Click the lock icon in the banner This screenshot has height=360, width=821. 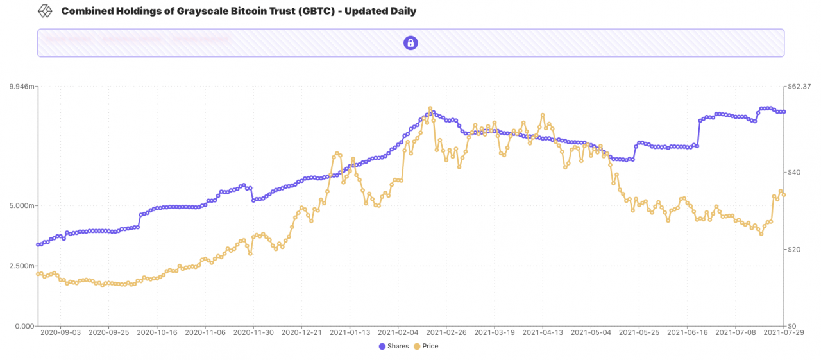(410, 43)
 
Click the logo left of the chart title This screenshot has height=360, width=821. (45, 12)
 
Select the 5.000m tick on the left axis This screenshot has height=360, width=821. (22, 206)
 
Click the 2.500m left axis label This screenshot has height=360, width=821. (22, 266)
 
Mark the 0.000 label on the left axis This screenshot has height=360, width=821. (24, 326)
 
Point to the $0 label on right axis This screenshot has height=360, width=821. (792, 326)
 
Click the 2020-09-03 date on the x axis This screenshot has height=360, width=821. (60, 332)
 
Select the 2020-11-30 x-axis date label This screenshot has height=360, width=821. (253, 332)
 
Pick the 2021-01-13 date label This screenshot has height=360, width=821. (350, 332)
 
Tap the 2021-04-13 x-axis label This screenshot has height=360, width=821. (543, 332)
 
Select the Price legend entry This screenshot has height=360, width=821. (426, 347)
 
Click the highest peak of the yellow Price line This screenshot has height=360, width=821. (430, 108)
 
